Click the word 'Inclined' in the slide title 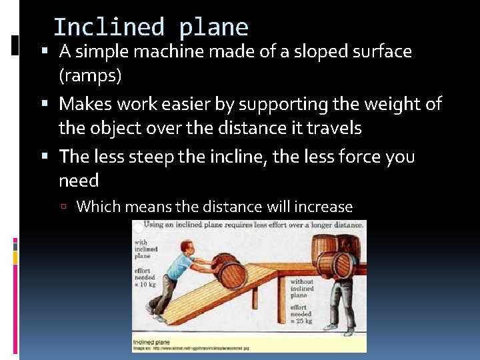pos(108,27)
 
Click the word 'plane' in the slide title pos(213,27)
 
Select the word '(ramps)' pos(90,75)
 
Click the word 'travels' pos(329,127)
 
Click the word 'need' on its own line pos(79,181)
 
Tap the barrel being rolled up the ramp pos(226,270)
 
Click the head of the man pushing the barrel pos(184,241)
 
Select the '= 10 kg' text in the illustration pos(145,284)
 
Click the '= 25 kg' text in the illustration pos(301,321)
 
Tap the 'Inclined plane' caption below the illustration pos(151,342)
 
